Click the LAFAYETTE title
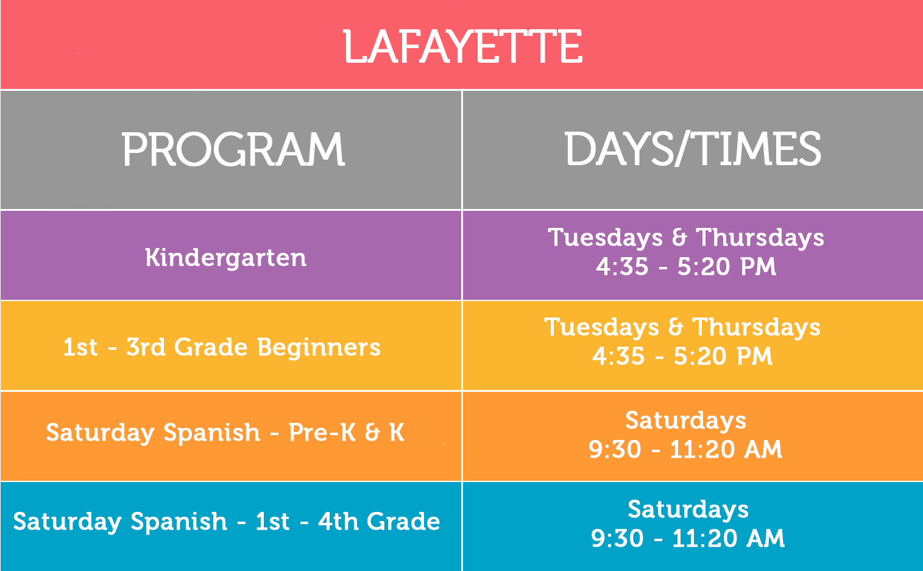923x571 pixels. point(463,46)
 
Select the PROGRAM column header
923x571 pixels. point(233,149)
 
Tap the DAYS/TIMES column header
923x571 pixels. point(692,149)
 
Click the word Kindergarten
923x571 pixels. point(226,258)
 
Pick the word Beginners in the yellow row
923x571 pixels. point(319,347)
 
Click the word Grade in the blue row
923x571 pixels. point(403,521)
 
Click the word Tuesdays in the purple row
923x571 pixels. point(606,238)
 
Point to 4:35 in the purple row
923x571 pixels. point(622,266)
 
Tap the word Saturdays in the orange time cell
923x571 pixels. point(686,421)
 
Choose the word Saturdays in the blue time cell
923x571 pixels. point(688,510)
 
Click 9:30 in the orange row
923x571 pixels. point(615,449)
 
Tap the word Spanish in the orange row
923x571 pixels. point(212,433)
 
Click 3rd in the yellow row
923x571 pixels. point(146,347)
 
